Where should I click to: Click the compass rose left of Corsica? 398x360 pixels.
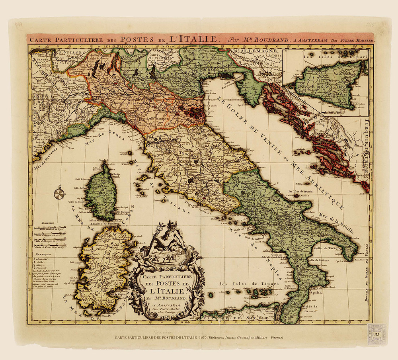coord(59,194)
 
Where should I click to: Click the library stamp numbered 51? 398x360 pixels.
coord(377,334)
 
